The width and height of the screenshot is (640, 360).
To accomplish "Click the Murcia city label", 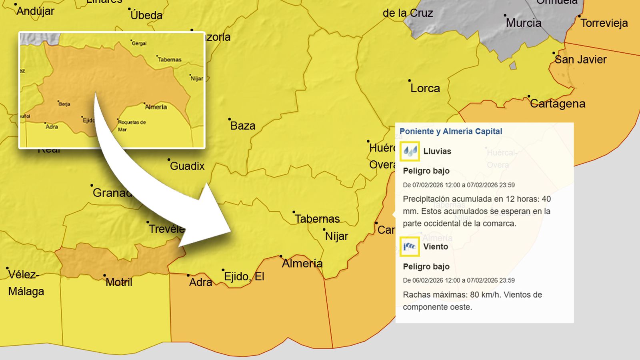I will click(524, 23).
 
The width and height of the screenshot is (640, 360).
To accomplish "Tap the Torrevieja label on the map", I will click(604, 23).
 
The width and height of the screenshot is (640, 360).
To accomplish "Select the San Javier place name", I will click(580, 60).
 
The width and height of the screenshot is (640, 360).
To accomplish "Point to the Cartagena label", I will click(558, 104).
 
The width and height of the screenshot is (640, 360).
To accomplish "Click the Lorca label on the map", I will click(425, 88).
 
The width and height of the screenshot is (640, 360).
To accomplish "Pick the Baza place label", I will click(243, 126).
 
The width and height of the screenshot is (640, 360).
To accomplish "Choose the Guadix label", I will click(187, 166).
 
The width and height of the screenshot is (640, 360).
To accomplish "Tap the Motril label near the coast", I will click(119, 282).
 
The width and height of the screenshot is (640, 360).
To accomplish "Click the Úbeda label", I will click(146, 16).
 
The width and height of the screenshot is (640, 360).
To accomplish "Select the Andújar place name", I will click(35, 11).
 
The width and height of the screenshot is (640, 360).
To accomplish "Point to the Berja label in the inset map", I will click(64, 104).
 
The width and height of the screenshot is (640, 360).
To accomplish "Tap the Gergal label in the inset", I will click(139, 44).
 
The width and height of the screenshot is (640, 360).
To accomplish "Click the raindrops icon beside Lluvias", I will click(410, 151).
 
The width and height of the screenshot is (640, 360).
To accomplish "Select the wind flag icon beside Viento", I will click(410, 246).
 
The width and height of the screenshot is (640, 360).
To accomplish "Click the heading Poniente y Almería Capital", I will click(451, 131).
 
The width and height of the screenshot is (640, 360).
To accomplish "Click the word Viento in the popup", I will click(436, 247).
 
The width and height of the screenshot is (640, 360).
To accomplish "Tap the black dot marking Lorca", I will click(409, 81).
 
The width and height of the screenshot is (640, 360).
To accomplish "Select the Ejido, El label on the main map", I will click(244, 277).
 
